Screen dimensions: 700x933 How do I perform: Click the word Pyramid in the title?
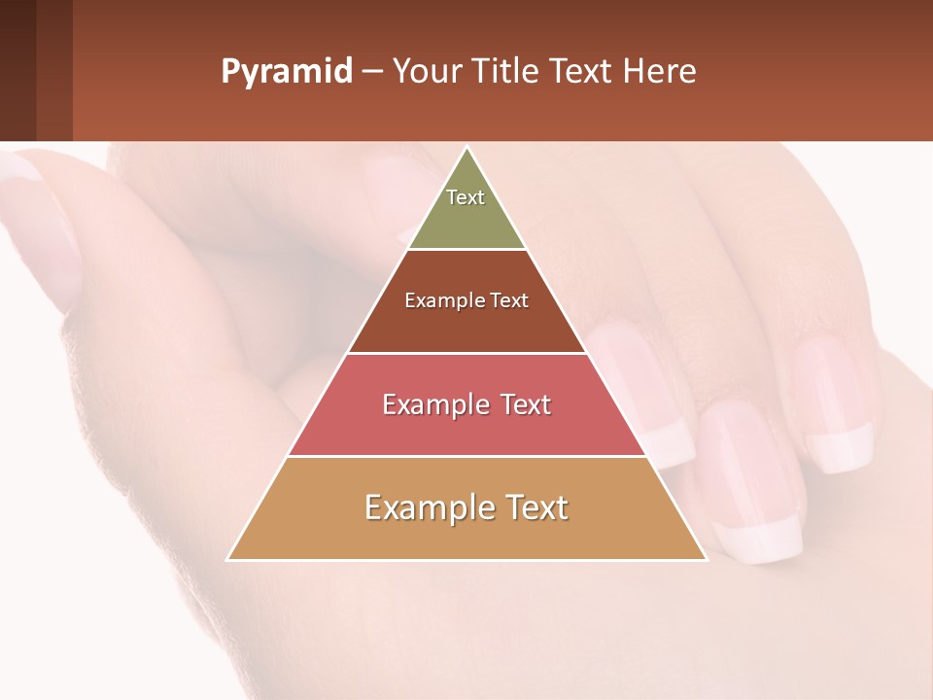tap(286, 72)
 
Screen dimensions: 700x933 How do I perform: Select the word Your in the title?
tap(425, 72)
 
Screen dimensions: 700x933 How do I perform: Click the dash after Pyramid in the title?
tap(371, 73)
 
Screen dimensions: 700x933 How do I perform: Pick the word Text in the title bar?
tap(584, 72)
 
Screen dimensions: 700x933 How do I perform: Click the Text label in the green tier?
tap(466, 197)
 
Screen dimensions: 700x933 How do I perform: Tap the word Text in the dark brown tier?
tap(510, 301)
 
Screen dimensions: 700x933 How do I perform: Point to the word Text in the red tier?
tap(526, 404)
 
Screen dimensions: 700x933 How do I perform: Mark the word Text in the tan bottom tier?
tap(536, 507)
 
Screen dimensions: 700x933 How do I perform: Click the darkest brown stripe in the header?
tap(17, 70)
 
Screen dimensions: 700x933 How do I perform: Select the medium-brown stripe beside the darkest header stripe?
tap(54, 70)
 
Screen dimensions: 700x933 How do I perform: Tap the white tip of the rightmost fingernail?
tap(838, 451)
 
